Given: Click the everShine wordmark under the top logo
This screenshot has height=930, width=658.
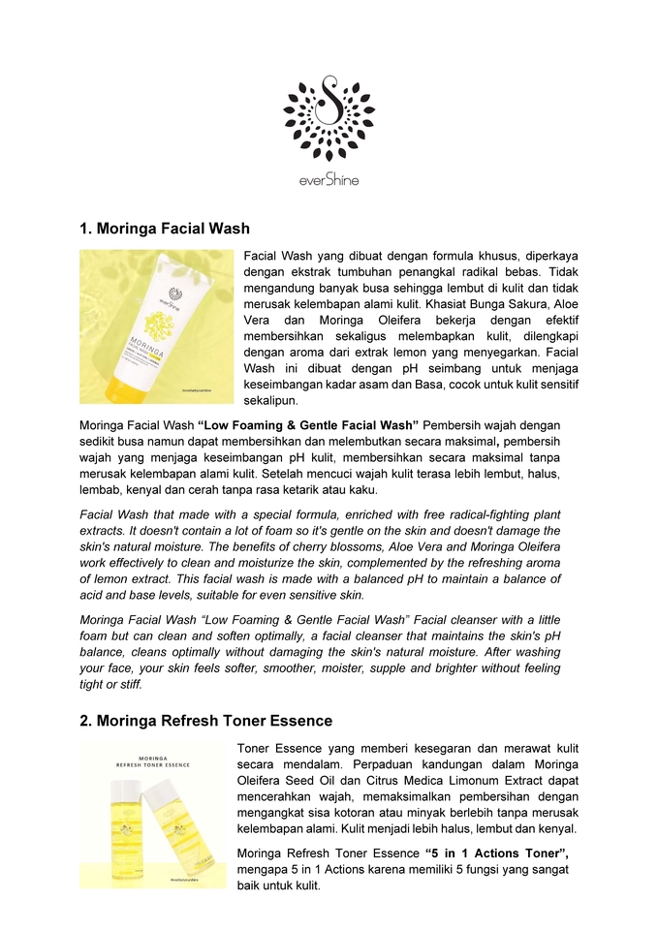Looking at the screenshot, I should (x=329, y=179).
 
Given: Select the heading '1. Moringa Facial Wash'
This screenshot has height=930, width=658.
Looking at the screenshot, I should (x=165, y=229).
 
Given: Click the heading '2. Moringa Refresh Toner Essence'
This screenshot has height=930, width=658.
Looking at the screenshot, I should (x=205, y=721).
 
